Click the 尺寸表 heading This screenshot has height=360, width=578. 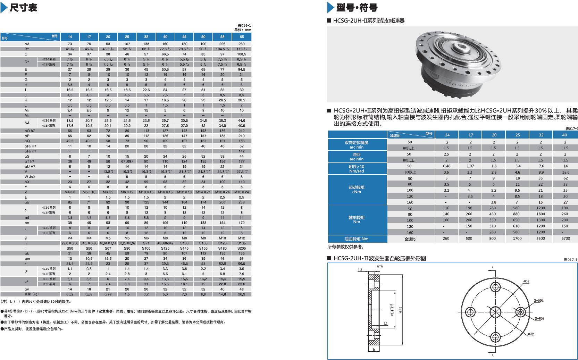pyautogui.click(x=23, y=7)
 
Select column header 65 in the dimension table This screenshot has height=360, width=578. pyautogui.click(x=242, y=36)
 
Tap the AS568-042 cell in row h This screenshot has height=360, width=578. pyautogui.click(x=165, y=243)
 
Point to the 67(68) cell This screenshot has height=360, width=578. pyautogui.click(x=127, y=161)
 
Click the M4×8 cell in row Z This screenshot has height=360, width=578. pyautogui.click(x=70, y=192)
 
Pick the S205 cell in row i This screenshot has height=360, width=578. pyautogui.click(x=242, y=248)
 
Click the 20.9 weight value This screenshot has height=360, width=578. pyautogui.click(x=242, y=294)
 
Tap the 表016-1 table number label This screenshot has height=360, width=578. pyautogui.click(x=244, y=25)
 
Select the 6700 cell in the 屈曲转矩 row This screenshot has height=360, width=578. pyautogui.click(x=565, y=238)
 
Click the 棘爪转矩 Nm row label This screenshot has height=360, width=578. pyautogui.click(x=357, y=219)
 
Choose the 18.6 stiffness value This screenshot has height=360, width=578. pyautogui.click(x=565, y=172)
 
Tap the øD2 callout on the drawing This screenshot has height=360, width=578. pyautogui.click(x=526, y=282)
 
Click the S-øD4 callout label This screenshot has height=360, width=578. pyautogui.click(x=539, y=300)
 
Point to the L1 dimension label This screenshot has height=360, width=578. pyautogui.click(x=386, y=323)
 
